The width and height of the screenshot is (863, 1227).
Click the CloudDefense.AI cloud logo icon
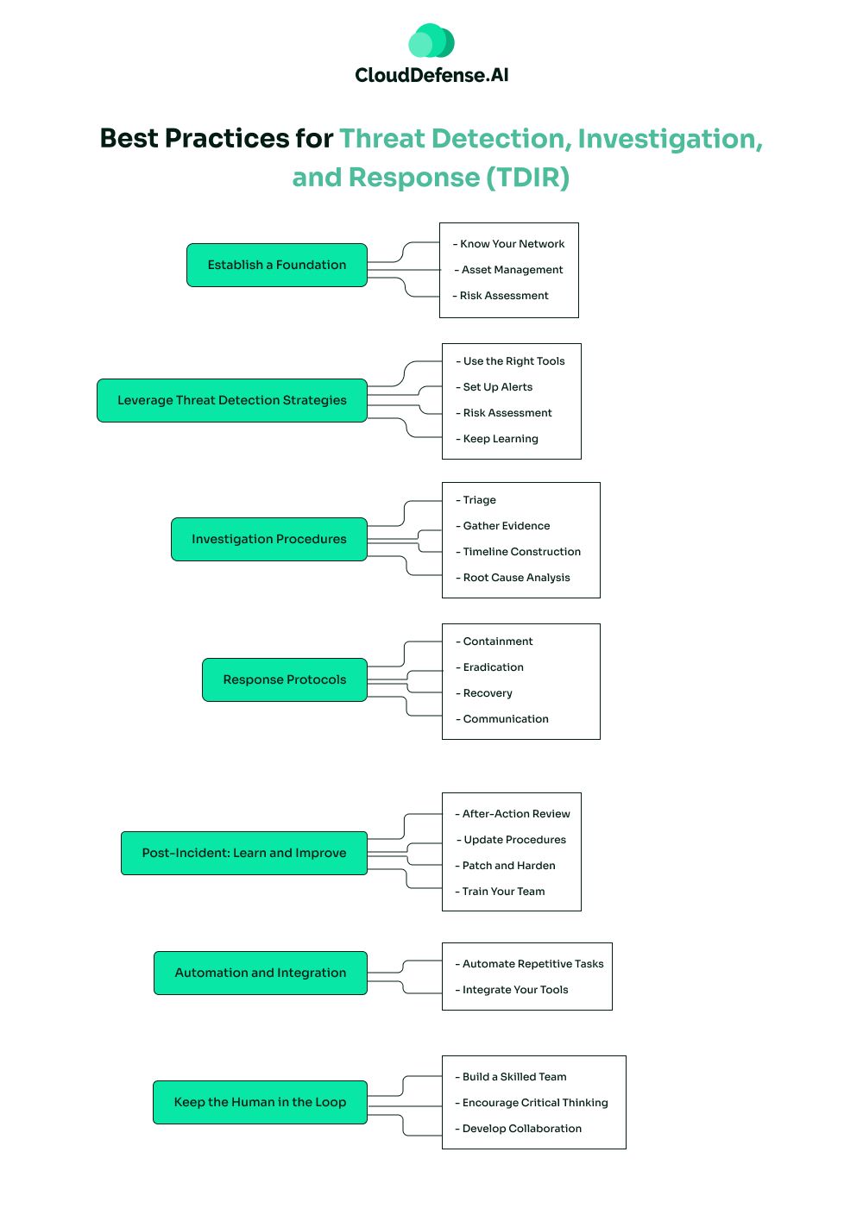click(431, 41)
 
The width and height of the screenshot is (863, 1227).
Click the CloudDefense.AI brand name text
click(431, 76)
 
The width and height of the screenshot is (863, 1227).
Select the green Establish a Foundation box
click(277, 266)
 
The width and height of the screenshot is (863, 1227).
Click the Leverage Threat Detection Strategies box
click(232, 401)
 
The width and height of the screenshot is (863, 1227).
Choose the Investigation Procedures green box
click(269, 540)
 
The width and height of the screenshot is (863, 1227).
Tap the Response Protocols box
click(285, 680)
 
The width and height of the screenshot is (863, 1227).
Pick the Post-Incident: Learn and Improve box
click(244, 854)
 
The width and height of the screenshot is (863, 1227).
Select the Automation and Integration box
click(261, 973)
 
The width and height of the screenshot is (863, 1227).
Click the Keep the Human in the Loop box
click(260, 1103)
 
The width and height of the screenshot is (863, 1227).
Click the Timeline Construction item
click(521, 553)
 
